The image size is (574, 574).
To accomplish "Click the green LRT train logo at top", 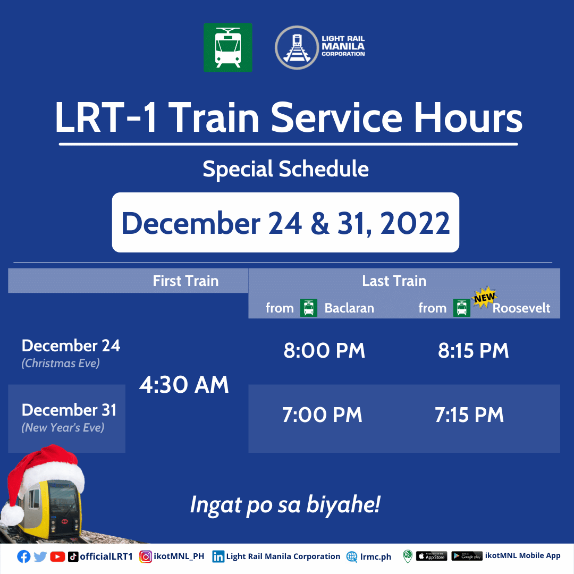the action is (x=227, y=48).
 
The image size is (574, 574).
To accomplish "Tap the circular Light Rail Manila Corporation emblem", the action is (x=297, y=48).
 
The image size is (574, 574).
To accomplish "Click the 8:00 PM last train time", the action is (x=324, y=350).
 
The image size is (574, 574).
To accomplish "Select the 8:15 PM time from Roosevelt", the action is (x=474, y=350).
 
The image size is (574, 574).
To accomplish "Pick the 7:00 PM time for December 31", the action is (x=322, y=415).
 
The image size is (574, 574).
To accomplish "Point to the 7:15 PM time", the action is (x=469, y=415).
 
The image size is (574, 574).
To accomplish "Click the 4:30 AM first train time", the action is (x=184, y=385).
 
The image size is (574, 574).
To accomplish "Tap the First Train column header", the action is (x=185, y=281).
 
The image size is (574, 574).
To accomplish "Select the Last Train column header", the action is (x=394, y=281).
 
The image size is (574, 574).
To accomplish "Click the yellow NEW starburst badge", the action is (x=484, y=298).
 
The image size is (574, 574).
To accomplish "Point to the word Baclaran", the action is (x=349, y=308).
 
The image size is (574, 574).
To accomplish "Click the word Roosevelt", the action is (x=521, y=308).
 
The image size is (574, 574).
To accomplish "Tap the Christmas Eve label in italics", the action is (x=61, y=363).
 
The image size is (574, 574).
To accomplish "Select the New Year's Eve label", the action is (x=63, y=427).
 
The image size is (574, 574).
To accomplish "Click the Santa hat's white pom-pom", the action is (x=12, y=514).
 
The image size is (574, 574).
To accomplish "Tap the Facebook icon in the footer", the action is (x=24, y=557).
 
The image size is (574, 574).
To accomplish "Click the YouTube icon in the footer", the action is (x=57, y=557).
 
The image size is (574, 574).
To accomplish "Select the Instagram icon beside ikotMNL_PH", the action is (x=145, y=557).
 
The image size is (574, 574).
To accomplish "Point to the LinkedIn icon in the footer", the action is (x=218, y=557).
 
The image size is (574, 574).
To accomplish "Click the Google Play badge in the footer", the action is (x=467, y=556).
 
